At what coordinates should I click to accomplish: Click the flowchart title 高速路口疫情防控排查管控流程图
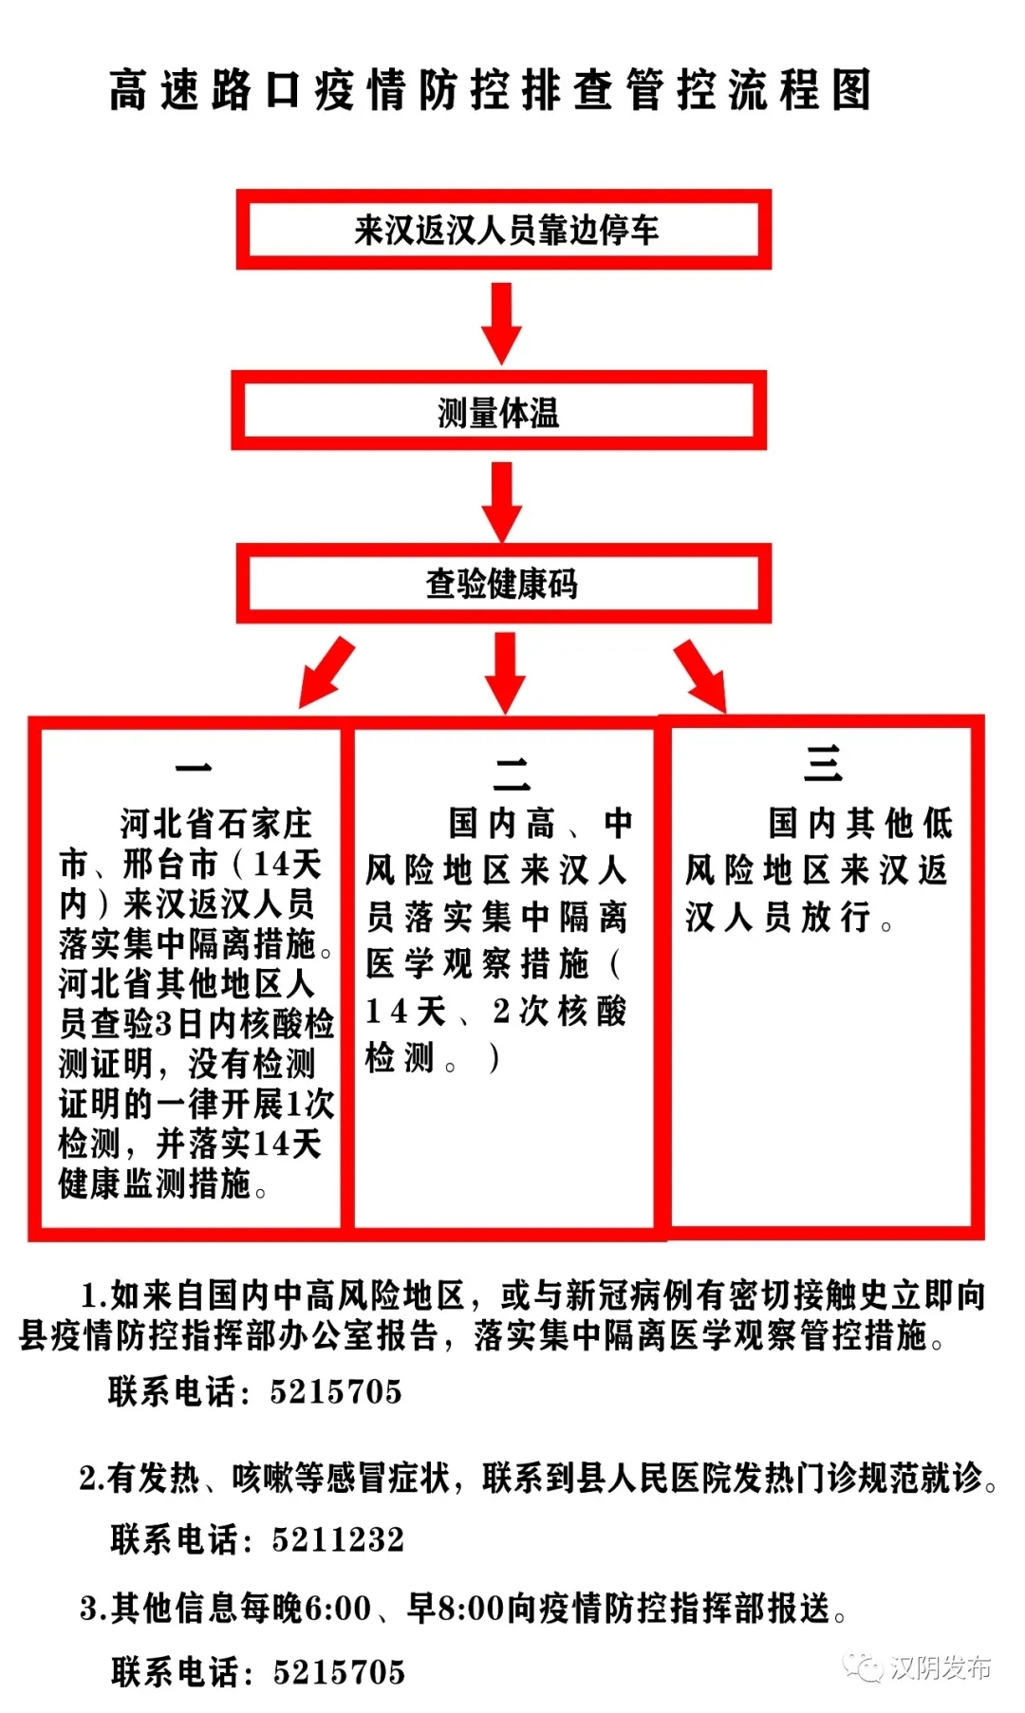[490, 91]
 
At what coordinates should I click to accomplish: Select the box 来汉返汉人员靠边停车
[504, 229]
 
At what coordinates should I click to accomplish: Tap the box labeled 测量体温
[499, 410]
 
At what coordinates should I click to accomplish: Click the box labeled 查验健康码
[504, 583]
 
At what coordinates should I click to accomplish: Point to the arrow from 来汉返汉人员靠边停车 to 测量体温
[502, 323]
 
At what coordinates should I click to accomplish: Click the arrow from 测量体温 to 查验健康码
[502, 501]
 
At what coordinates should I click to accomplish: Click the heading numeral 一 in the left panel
[193, 767]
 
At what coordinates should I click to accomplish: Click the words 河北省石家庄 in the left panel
[215, 823]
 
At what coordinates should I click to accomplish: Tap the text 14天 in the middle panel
[406, 1011]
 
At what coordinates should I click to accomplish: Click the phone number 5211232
[338, 1538]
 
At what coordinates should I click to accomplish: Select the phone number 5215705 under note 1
[336, 1391]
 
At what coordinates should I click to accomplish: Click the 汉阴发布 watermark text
[941, 1667]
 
